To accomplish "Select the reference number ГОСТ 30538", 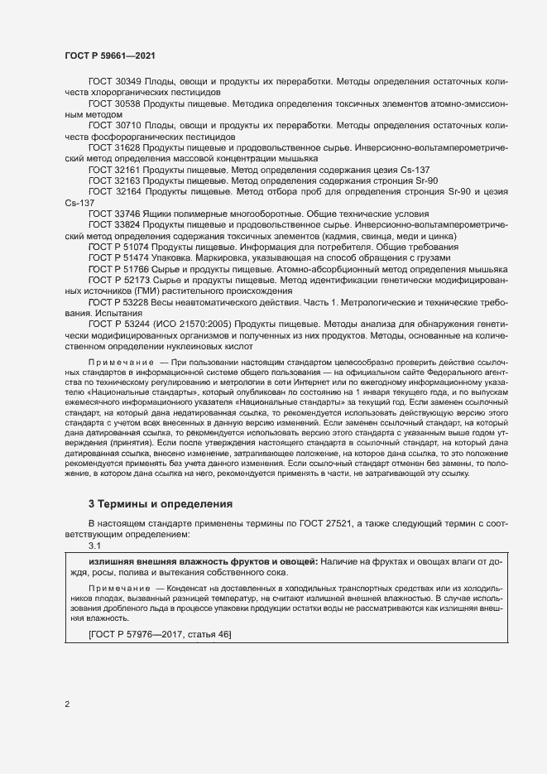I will click(x=114, y=104).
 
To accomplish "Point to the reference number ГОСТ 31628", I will click(x=114, y=147).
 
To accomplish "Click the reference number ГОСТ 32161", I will click(x=114, y=169).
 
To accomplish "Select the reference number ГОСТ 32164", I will click(x=114, y=190).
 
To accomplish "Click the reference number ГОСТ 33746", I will click(x=114, y=213).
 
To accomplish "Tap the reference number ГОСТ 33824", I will click(x=114, y=224).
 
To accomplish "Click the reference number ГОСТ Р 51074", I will click(x=118, y=247).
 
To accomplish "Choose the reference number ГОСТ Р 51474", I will click(x=118, y=257).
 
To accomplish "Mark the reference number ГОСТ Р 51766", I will click(x=118, y=269).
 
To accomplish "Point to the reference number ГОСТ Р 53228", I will click(x=118, y=302).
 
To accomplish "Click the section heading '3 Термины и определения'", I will click(x=161, y=504).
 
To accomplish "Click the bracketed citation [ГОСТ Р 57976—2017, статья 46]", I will click(x=159, y=634).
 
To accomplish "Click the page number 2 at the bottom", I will click(x=67, y=705).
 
